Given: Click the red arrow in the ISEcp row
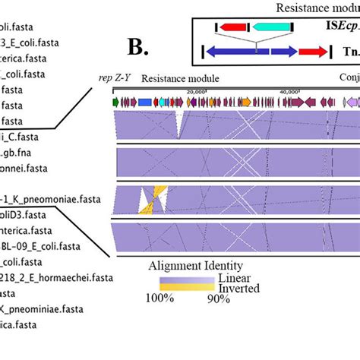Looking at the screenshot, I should [x=233, y=27].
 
